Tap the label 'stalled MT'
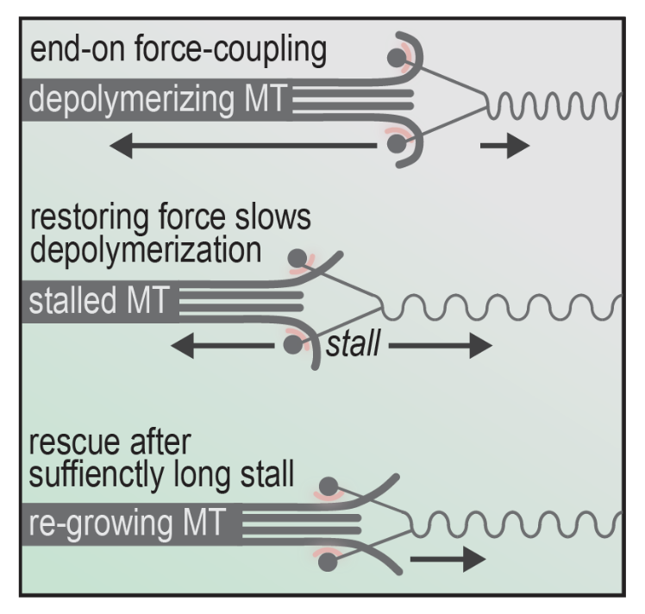point(98,303)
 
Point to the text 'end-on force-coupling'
point(178,51)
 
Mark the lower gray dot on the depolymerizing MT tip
point(396,145)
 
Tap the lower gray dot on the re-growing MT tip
point(326,561)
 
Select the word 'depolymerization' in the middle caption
point(141,251)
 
